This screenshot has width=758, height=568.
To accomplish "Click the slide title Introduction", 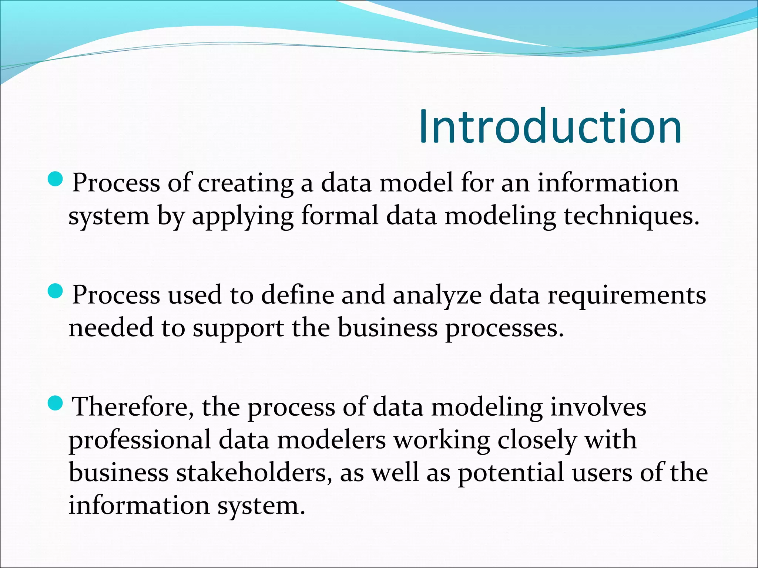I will click(550, 127).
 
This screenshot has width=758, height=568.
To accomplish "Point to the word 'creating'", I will click(245, 184).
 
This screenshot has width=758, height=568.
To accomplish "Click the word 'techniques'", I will click(631, 216).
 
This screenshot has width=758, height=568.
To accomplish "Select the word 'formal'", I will click(340, 216).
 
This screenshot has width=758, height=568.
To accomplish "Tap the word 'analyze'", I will click(437, 296).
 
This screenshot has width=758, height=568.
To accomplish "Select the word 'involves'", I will click(598, 407).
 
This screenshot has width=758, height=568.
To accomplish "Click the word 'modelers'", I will click(331, 440).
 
